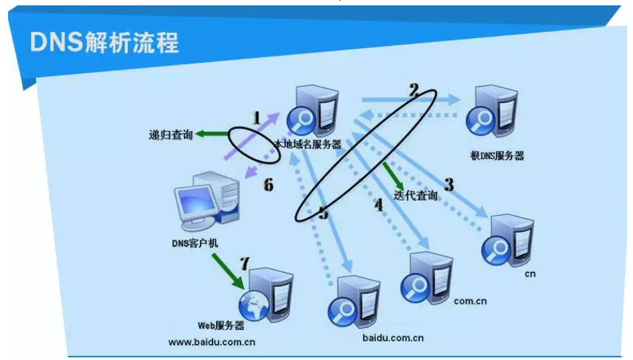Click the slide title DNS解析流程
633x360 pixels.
click(x=104, y=43)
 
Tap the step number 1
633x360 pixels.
click(x=256, y=118)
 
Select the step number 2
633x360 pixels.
click(x=414, y=89)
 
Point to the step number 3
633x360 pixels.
click(x=449, y=184)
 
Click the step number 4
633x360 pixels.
click(x=378, y=205)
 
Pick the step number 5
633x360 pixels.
click(x=324, y=214)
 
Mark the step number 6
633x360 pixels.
click(x=268, y=184)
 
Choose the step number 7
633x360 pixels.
click(x=244, y=263)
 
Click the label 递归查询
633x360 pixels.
click(x=170, y=134)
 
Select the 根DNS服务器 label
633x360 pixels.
click(x=497, y=156)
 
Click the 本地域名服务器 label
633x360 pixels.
click(x=308, y=143)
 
